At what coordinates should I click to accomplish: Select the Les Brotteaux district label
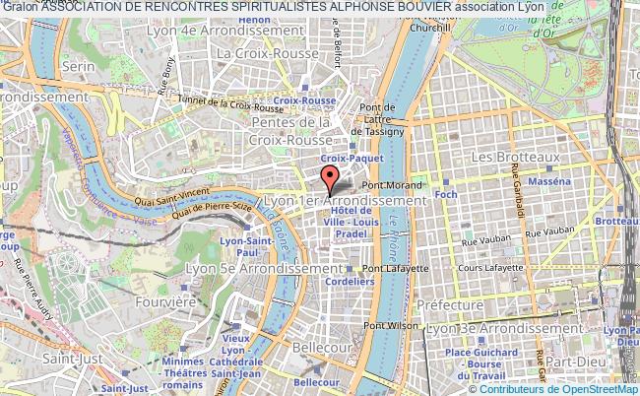(x=516, y=157)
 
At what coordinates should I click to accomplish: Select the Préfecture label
(x=450, y=305)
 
